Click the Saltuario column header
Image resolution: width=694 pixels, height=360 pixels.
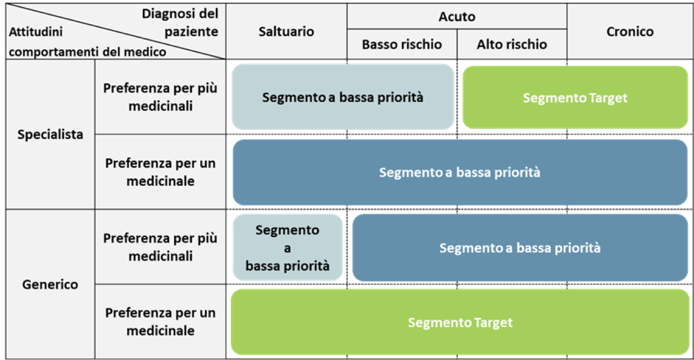pyautogui.click(x=286, y=31)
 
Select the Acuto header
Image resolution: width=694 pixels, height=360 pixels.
pyautogui.click(x=457, y=17)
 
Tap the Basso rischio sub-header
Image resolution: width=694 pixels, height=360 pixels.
pyautogui.click(x=401, y=44)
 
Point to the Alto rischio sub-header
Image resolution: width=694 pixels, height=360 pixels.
pyautogui.click(x=512, y=44)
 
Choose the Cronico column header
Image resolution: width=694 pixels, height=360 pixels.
pyautogui.click(x=630, y=31)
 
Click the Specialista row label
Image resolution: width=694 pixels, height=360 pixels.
pyautogui.click(x=50, y=134)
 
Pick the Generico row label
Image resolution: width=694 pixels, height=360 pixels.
pyautogui.click(x=50, y=284)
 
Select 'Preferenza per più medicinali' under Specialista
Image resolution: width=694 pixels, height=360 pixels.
pyautogui.click(x=160, y=97)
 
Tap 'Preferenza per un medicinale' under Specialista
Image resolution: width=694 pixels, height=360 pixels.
pyautogui.click(x=160, y=172)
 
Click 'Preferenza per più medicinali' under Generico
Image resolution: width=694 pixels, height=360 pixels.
pyautogui.click(x=160, y=246)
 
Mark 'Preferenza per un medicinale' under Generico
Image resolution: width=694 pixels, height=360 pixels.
pyautogui.click(x=160, y=322)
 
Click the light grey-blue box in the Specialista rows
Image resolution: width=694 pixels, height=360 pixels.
pyautogui.click(x=342, y=97)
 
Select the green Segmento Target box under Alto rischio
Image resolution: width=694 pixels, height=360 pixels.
pyautogui.click(x=575, y=98)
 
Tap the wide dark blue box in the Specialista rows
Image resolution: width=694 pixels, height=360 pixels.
pyautogui.click(x=460, y=172)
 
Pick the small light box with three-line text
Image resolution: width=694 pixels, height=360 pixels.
pyautogui.click(x=287, y=248)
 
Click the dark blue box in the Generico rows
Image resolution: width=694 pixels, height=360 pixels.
pyautogui.click(x=519, y=248)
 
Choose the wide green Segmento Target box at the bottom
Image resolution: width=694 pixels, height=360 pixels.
pyautogui.click(x=460, y=323)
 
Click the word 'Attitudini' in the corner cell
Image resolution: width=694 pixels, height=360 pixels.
pyautogui.click(x=36, y=32)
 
